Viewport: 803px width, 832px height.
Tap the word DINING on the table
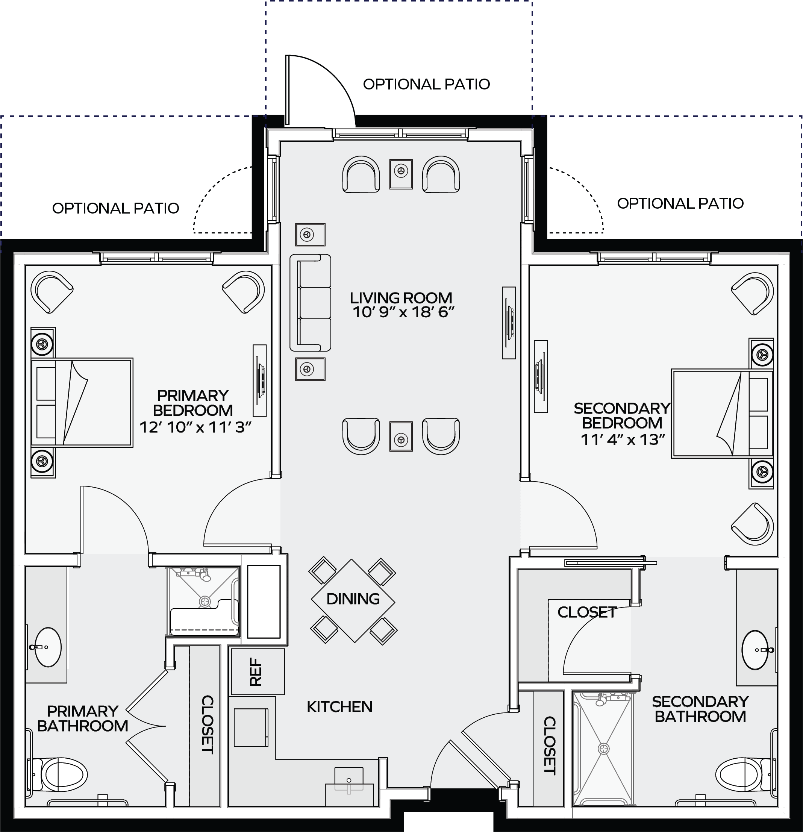coord(353,599)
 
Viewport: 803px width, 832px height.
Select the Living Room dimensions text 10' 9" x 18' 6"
coord(404,312)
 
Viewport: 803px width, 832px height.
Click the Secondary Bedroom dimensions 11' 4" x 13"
coord(623,439)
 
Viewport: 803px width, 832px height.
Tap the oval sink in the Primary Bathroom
coord(47,647)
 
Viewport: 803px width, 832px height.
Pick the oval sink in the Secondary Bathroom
coord(755,649)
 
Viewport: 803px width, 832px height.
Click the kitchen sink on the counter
coord(349,780)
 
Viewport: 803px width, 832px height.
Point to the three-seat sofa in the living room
coord(310,303)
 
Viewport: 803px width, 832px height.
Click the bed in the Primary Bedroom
coord(82,402)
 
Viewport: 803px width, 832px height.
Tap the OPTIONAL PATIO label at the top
coord(427,84)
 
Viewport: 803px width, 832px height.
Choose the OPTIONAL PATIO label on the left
coord(115,208)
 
